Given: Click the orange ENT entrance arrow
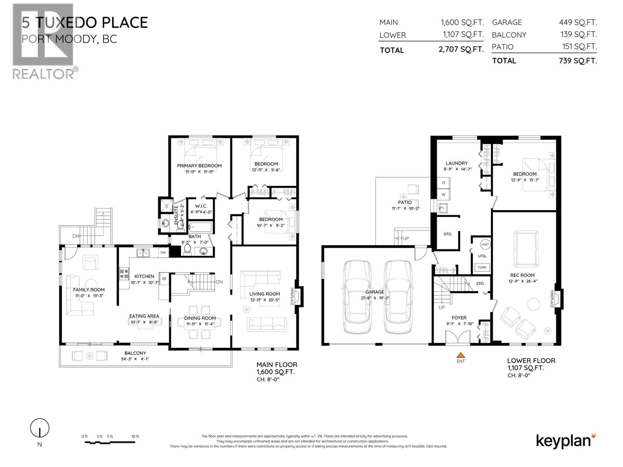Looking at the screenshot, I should point(461,355).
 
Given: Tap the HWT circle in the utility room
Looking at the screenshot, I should point(485,245).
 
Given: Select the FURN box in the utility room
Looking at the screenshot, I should point(482,267).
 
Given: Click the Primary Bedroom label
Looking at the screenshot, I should point(199,166).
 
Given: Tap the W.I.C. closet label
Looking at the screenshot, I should point(201,206).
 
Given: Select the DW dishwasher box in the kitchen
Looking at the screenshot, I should point(163,253).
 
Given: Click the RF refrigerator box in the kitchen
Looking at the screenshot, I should point(164,279).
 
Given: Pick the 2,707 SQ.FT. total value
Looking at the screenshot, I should point(461,49).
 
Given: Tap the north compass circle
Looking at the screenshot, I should point(40,428).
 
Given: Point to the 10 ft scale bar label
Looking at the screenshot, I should point(135,437).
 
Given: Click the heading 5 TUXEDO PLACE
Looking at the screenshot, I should point(85,23).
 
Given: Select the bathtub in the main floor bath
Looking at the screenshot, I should point(200,227).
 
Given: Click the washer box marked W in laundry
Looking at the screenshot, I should point(443,194).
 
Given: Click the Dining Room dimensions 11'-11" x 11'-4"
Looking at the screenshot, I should point(200,324).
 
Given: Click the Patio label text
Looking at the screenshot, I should point(405,202).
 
